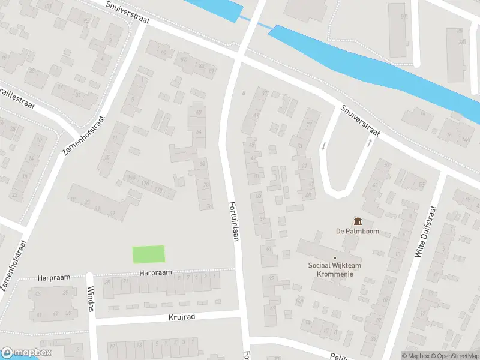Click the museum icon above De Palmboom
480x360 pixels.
pyautogui.click(x=358, y=222)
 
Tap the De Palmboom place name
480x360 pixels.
pyautogui.click(x=358, y=232)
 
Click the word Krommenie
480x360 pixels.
pyautogui.click(x=335, y=274)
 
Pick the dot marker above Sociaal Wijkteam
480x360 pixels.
pyautogui.click(x=335, y=258)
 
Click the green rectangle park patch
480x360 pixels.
pyautogui.click(x=148, y=254)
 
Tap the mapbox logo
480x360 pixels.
pyautogui.click(x=26, y=353)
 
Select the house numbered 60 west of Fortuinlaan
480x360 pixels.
pyautogui.click(x=198, y=112)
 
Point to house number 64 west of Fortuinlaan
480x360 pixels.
pyautogui.click(x=199, y=132)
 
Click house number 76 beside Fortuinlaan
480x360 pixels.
pyautogui.click(x=209, y=206)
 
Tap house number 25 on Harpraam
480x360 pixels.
pyautogui.click(x=107, y=281)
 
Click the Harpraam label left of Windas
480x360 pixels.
pyautogui.click(x=54, y=277)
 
